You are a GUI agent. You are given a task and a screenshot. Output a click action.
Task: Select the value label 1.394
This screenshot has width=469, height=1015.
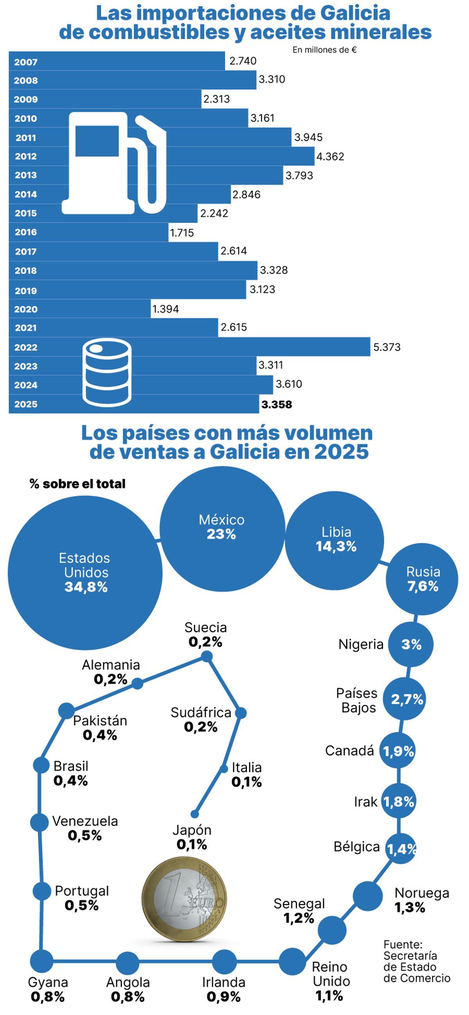tap(166, 309)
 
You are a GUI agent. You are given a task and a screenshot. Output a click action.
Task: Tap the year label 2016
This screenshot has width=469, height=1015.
tap(26, 232)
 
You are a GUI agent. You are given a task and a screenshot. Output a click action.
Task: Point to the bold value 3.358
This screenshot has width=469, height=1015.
tap(276, 404)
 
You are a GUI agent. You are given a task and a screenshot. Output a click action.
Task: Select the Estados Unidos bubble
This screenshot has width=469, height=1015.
tap(85, 573)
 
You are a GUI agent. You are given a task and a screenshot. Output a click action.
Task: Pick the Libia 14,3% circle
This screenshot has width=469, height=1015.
tap(335, 541)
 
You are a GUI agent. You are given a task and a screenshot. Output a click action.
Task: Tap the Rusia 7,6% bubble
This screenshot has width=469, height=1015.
tap(422, 579)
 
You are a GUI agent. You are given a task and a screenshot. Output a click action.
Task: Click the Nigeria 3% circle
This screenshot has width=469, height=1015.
tap(411, 645)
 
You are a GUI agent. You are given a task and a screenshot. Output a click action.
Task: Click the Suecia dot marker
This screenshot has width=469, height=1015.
tap(207, 656)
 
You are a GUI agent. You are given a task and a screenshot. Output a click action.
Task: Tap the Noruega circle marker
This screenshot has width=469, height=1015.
tap(368, 896)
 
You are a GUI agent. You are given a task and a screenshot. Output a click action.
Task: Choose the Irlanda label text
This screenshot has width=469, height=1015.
tap(224, 983)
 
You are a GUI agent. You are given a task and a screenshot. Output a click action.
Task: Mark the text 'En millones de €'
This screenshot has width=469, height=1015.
tap(325, 50)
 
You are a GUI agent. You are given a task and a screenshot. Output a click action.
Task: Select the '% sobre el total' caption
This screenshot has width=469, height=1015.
tap(77, 484)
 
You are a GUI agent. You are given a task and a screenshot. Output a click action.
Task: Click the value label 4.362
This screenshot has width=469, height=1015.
tap(330, 157)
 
